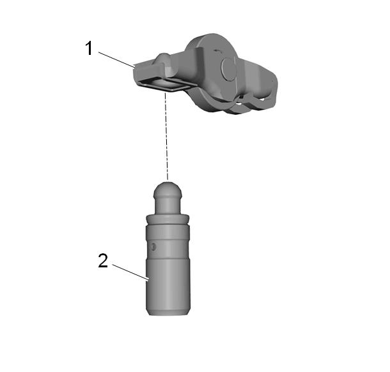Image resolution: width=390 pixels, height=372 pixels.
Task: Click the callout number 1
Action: tap(89, 48)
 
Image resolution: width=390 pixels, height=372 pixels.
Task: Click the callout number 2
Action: tap(103, 260)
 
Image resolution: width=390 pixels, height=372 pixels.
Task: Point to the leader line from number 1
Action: tap(116, 59)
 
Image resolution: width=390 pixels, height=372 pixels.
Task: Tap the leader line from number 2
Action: tap(130, 272)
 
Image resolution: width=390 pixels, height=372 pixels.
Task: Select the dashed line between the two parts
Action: tap(166, 136)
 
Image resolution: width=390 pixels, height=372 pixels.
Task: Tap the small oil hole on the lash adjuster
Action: tap(153, 247)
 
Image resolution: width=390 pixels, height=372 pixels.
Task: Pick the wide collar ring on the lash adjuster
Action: tap(168, 219)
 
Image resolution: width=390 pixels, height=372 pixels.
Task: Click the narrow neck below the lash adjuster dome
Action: tap(168, 205)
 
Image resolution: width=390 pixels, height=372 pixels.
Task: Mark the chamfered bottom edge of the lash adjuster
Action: tap(168, 313)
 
